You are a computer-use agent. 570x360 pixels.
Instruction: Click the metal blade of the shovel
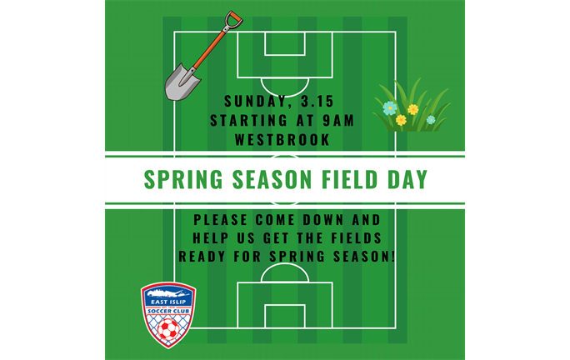(182, 81)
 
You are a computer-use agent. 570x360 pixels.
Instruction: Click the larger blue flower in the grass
(389, 107)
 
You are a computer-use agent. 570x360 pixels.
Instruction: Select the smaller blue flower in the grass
(431, 120)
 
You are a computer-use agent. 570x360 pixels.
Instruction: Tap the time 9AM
(339, 120)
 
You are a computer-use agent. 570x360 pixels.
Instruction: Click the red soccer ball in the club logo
(168, 331)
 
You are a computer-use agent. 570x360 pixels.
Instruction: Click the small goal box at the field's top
(285, 44)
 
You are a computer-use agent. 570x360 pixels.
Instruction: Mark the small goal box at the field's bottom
(285, 316)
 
